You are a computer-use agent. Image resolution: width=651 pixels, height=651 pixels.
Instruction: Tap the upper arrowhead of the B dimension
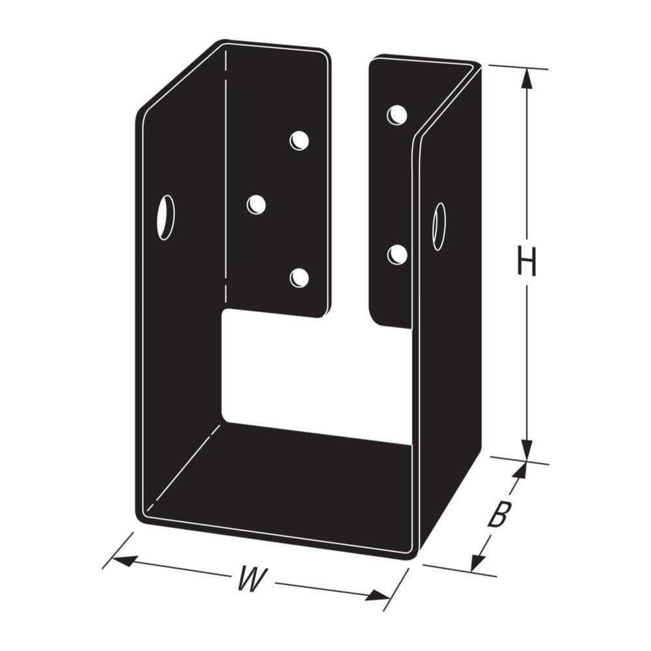tap(519, 470)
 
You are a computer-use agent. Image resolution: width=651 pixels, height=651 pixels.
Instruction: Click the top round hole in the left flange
tap(299, 140)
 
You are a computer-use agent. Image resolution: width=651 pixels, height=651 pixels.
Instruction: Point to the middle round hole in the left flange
tap(256, 205)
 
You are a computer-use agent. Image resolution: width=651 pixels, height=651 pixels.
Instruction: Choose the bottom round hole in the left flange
tap(299, 277)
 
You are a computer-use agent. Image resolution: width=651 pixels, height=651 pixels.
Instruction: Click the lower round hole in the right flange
tap(397, 255)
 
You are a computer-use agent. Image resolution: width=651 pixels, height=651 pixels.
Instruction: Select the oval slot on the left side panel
tap(166, 217)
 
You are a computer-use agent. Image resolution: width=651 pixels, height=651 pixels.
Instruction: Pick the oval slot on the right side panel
tap(439, 226)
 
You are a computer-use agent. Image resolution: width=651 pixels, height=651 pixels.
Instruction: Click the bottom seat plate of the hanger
tap(280, 482)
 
